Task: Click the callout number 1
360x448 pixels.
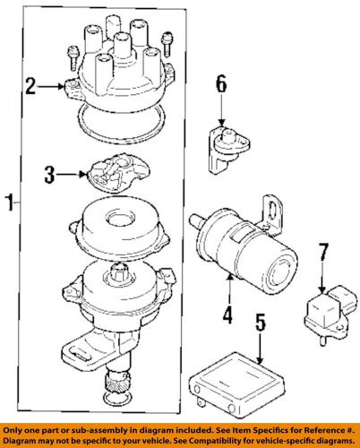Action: click(x=9, y=204)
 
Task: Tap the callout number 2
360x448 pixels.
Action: click(x=31, y=86)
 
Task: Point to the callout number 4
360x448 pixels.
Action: click(x=227, y=314)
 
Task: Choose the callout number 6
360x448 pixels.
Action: click(x=221, y=86)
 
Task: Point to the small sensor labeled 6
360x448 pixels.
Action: click(x=226, y=138)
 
